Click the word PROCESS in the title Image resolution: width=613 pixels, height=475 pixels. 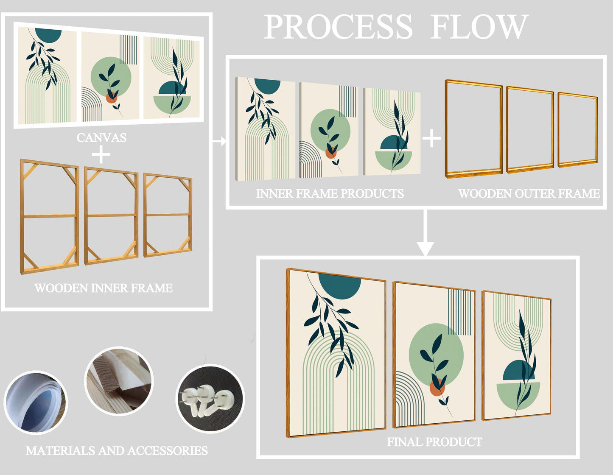338,27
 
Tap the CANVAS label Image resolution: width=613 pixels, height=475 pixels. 101,137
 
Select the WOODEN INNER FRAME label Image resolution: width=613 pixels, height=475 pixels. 104,288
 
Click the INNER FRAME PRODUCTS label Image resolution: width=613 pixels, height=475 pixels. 330,193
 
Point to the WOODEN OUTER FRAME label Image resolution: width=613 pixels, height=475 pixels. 529,193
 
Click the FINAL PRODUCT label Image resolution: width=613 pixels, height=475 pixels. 434,442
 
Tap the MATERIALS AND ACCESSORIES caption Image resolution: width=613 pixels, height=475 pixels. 117,450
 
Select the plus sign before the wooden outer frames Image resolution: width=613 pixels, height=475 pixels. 432,138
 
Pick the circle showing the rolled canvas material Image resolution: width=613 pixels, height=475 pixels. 36,402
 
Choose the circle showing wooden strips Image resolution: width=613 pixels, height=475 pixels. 119,380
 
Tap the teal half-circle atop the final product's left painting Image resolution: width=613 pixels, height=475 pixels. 339,285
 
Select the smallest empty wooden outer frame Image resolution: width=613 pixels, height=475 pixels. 578,129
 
